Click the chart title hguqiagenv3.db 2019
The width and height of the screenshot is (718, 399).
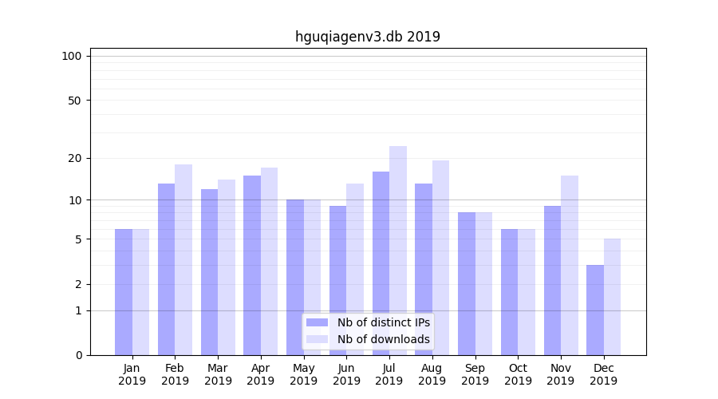[x=367, y=37]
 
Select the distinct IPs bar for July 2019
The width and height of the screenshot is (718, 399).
[x=381, y=263]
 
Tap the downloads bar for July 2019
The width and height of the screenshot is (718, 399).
[x=398, y=251]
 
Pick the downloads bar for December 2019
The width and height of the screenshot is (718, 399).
[x=612, y=297]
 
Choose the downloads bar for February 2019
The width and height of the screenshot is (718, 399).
[x=183, y=259]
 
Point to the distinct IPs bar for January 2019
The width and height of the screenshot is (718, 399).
[x=124, y=292]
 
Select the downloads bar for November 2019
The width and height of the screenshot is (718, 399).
[x=570, y=265]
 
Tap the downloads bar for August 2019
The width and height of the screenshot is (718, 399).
[x=441, y=258]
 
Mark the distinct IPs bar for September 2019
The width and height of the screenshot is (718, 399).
[x=467, y=283]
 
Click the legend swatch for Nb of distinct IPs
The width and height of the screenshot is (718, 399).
[x=317, y=322]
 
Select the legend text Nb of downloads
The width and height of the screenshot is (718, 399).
[x=383, y=339]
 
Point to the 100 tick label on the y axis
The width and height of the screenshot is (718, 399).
[x=72, y=56]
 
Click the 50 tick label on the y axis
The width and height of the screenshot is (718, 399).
[x=74, y=101]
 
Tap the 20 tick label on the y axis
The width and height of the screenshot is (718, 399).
[x=74, y=158]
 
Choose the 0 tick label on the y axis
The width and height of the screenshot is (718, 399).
[x=78, y=355]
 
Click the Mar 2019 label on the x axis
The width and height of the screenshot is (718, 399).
[x=218, y=374]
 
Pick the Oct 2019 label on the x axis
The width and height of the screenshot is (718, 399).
[x=518, y=374]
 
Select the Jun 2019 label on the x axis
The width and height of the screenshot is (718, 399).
[x=346, y=374]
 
